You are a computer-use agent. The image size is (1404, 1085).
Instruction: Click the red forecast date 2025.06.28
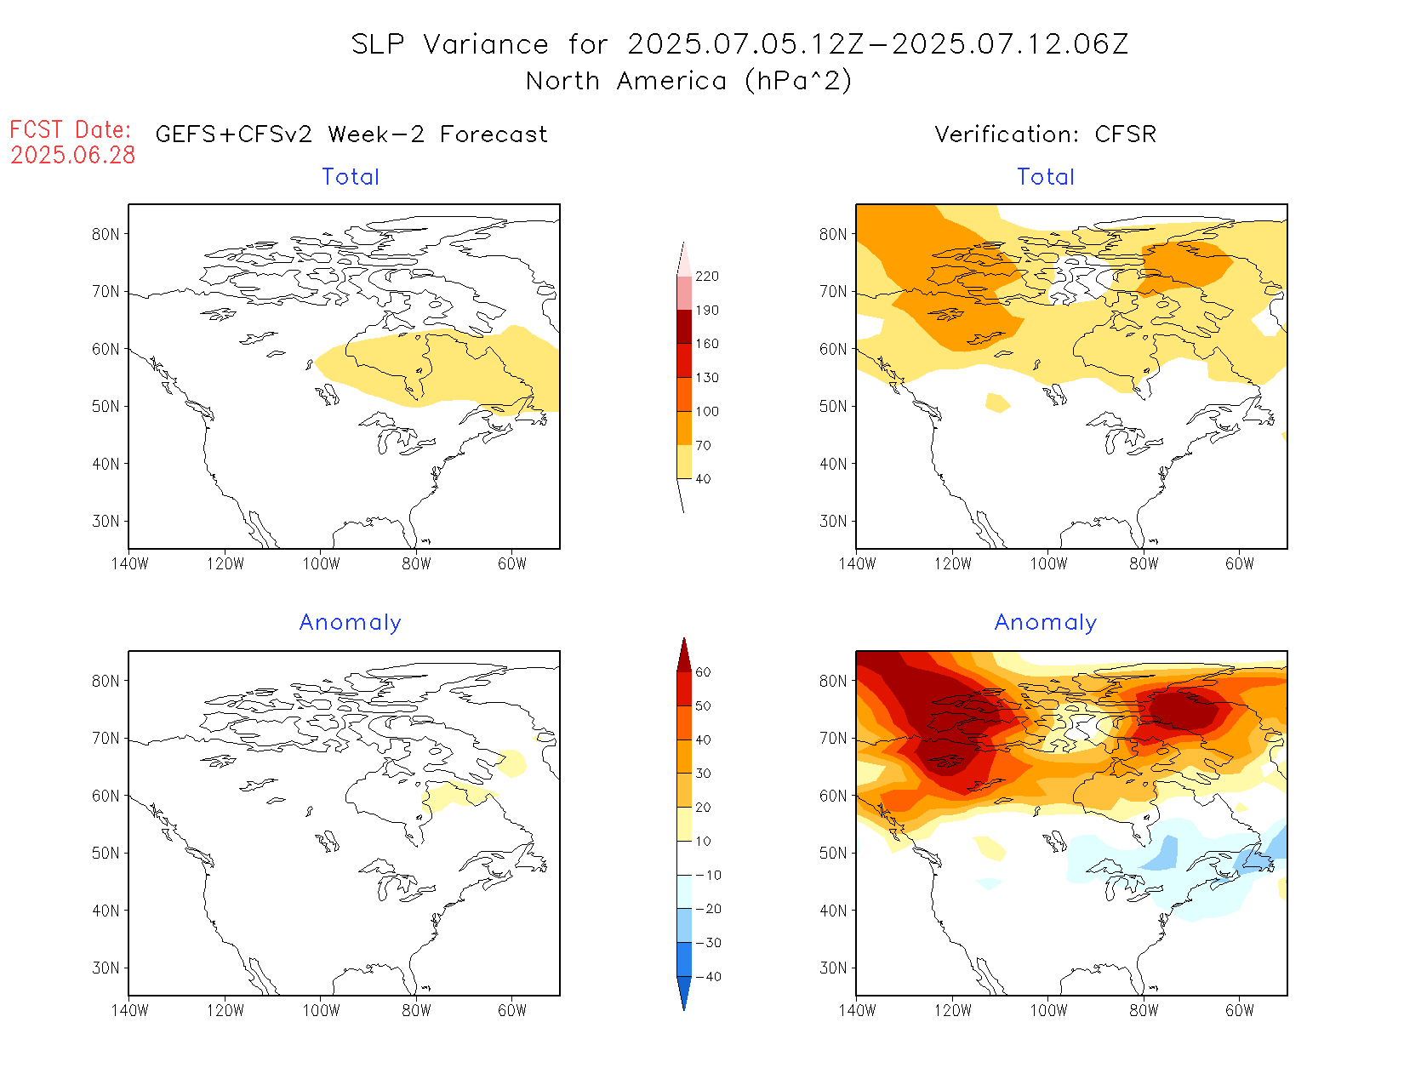tap(73, 156)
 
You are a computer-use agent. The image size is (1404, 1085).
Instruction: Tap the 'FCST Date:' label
tap(71, 130)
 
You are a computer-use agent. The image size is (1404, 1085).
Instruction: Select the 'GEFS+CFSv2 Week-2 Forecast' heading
tap(351, 134)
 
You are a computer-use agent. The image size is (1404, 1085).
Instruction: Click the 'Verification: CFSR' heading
tap(1045, 134)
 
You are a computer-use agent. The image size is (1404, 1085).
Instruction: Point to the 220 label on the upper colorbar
tap(706, 277)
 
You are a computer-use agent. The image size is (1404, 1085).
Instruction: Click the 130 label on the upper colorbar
tap(706, 378)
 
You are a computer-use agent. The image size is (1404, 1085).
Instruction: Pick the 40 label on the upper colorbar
tap(703, 479)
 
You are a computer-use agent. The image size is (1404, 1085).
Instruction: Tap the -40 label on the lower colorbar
tap(708, 977)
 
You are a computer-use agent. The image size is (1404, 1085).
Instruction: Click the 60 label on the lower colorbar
tap(703, 672)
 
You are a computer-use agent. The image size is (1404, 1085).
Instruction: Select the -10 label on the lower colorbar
tap(708, 875)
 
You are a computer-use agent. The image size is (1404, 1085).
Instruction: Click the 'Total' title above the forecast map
tap(351, 177)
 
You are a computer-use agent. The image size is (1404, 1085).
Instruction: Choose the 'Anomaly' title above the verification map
tap(1046, 623)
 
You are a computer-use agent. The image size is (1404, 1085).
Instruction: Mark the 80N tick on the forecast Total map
tap(106, 235)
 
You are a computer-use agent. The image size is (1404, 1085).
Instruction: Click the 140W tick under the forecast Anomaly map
tap(129, 1011)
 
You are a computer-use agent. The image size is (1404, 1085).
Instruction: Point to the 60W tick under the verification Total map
tap(1240, 564)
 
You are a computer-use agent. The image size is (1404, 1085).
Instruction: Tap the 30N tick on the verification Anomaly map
tap(833, 968)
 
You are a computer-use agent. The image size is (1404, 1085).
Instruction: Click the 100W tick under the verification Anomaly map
tap(1048, 1011)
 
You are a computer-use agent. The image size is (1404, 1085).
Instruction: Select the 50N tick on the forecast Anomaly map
tap(106, 854)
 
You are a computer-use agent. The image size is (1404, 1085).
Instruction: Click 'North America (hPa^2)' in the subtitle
tap(688, 82)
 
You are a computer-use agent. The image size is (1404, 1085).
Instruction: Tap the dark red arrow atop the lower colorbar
tap(684, 655)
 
